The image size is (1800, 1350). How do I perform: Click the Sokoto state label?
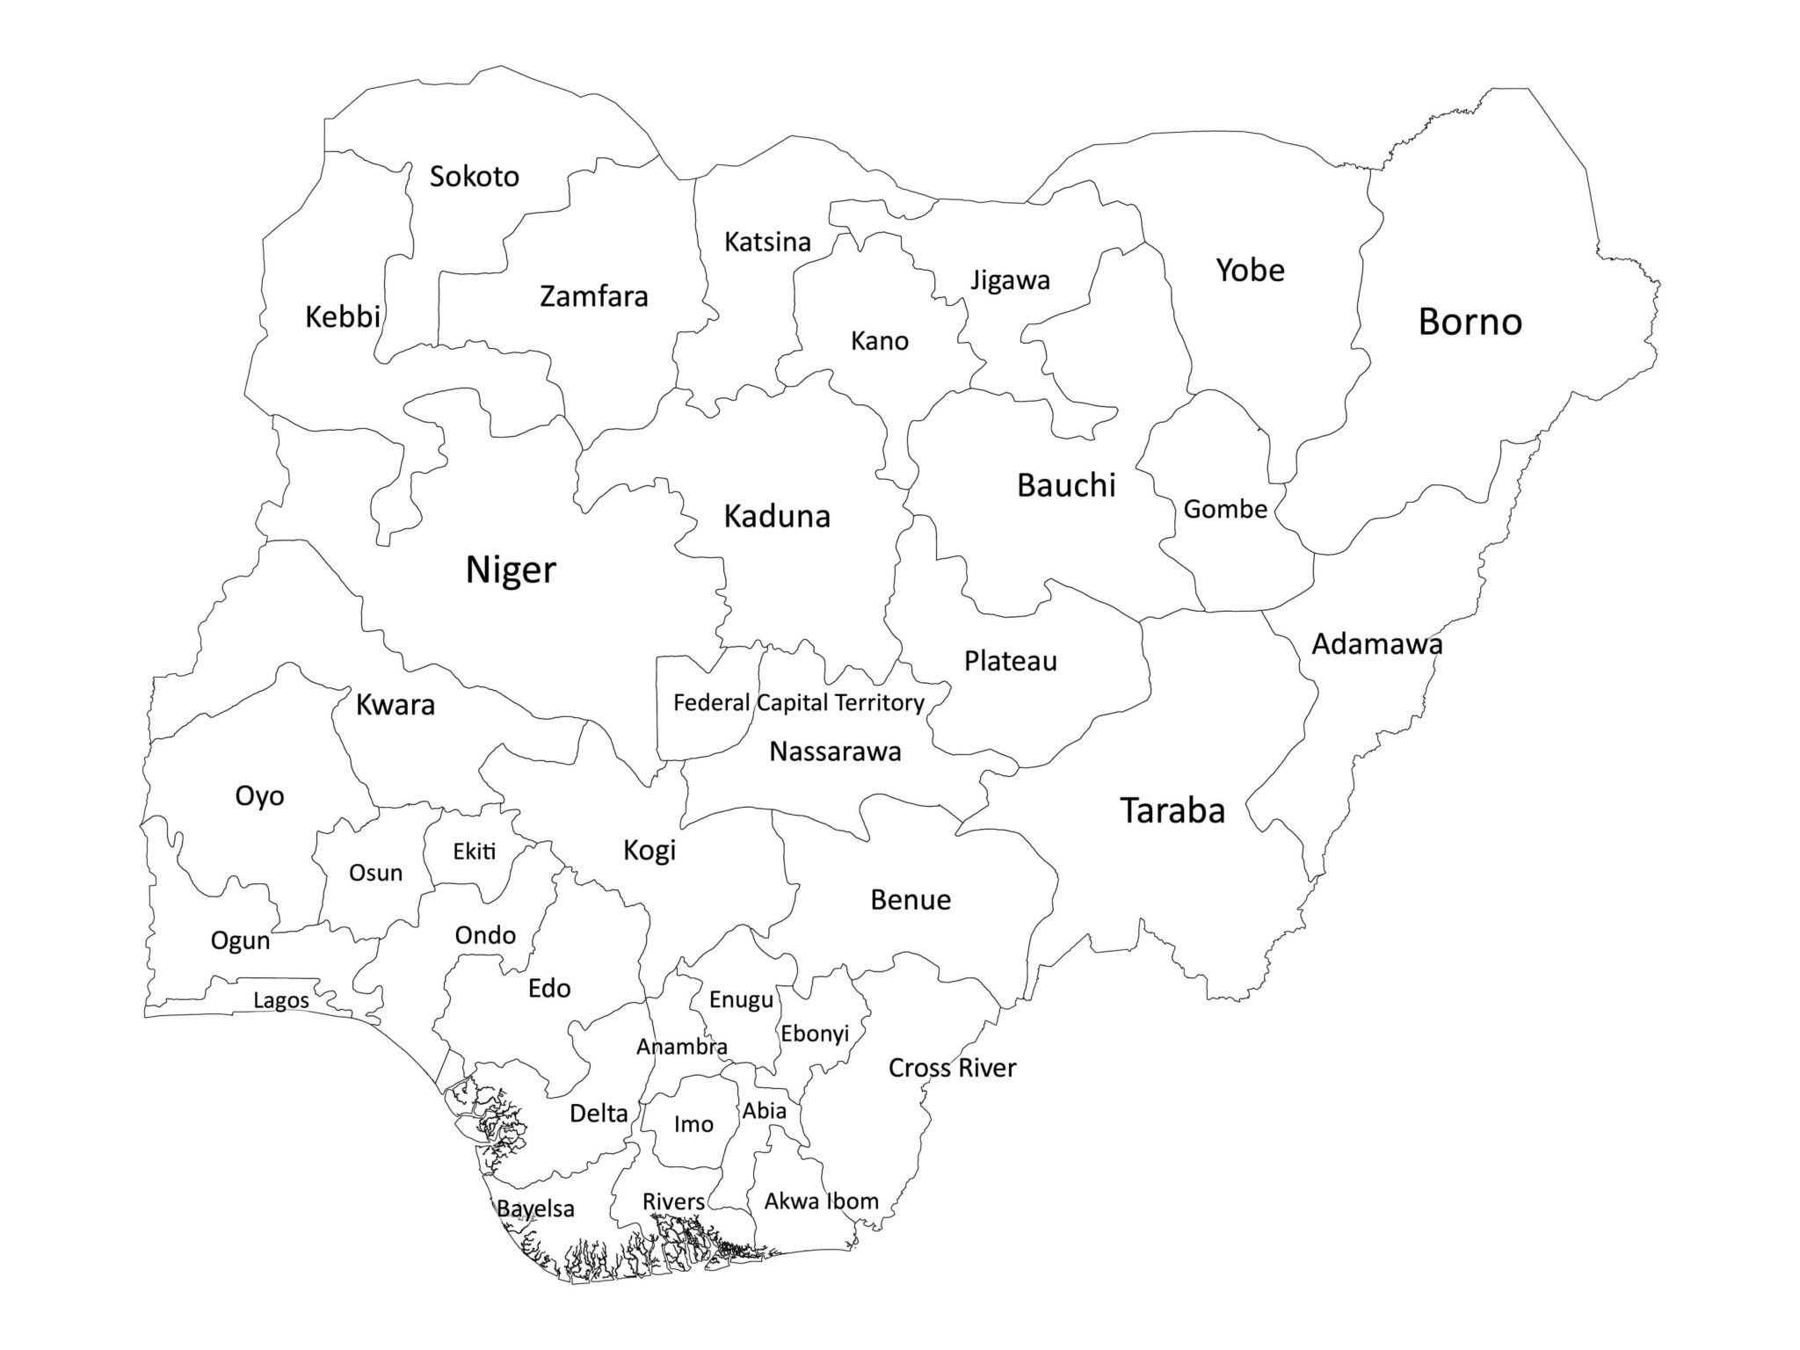tap(474, 177)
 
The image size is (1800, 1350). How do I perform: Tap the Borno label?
tap(1470, 322)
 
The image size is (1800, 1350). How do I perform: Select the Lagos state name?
tap(281, 1000)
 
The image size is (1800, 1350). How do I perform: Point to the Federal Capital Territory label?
tap(798, 702)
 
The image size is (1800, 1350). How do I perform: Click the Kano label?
tap(879, 341)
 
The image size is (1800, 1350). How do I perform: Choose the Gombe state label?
tap(1225, 509)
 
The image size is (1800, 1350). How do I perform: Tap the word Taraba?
tap(1172, 810)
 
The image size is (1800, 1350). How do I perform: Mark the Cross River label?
tap(952, 1068)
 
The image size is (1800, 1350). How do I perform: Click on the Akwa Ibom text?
tap(821, 1201)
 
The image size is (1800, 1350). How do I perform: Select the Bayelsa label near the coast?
tap(535, 1208)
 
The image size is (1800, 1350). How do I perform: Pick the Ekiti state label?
tap(475, 851)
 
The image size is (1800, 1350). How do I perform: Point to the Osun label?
tap(375, 873)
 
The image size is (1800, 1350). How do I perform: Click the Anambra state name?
tap(681, 1047)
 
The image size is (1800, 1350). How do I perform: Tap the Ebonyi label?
tap(815, 1034)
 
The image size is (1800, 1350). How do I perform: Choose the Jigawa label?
tap(1010, 280)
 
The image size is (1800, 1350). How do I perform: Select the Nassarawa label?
tap(835, 751)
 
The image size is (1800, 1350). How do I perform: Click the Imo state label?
tap(693, 1124)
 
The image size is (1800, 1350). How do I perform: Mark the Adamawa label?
tap(1376, 644)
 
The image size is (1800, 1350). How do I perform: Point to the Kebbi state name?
tap(342, 316)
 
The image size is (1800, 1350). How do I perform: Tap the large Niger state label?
tap(511, 570)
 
